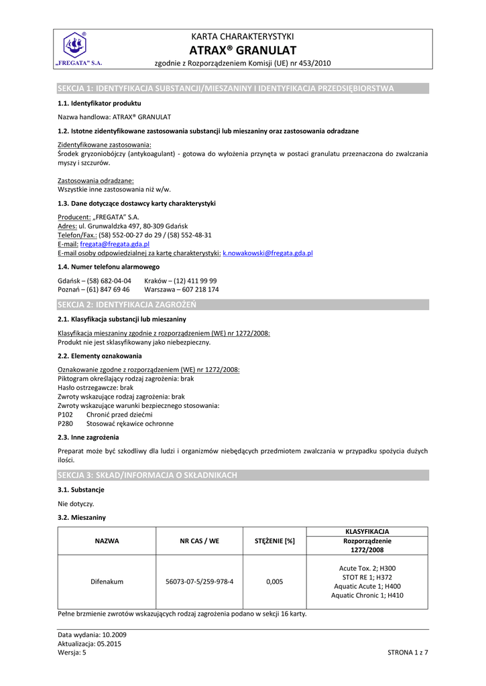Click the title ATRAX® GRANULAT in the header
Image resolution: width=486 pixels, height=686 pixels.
tap(243, 50)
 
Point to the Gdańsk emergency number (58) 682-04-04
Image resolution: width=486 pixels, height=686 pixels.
tap(107, 281)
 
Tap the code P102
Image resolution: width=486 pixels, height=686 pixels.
tap(66, 415)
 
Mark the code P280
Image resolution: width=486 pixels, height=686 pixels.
tap(66, 423)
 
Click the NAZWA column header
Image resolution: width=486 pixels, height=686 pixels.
tap(107, 541)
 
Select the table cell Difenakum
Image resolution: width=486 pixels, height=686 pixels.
tap(107, 581)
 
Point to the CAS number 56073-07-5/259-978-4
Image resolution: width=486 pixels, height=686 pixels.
tap(199, 581)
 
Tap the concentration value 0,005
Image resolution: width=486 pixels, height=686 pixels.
tap(274, 581)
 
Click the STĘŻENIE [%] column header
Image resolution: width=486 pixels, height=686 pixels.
tap(274, 541)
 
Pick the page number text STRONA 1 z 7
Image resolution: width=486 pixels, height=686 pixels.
tap(408, 652)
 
